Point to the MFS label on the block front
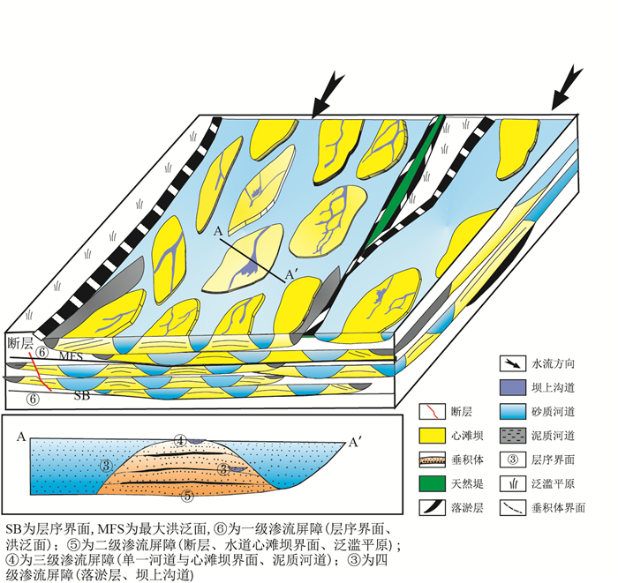point(72,356)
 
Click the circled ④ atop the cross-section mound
point(180,439)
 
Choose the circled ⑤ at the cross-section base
point(187,495)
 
